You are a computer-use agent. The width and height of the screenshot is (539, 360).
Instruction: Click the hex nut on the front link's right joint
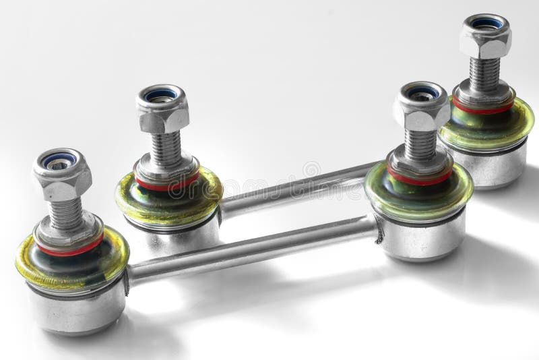point(421,111)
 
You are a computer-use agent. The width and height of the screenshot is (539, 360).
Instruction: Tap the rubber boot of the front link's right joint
point(404,196)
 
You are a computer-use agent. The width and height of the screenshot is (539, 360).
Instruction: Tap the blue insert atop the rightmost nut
point(485,22)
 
